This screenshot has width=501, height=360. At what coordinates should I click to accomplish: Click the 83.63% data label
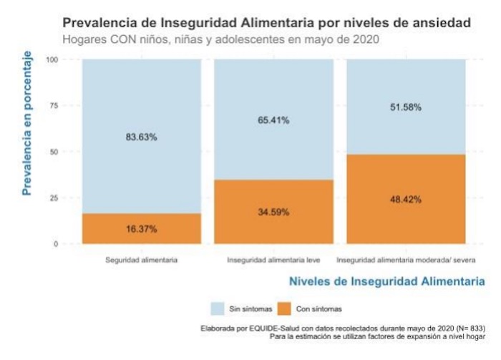142,138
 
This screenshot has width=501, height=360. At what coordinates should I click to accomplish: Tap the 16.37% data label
142,229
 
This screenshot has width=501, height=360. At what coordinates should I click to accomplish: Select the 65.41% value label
273,121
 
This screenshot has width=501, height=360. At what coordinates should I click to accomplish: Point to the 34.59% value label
273,213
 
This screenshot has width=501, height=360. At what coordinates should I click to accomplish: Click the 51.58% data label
406,107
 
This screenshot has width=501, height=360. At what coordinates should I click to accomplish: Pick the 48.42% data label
406,200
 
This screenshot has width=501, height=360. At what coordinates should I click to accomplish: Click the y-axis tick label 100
51,59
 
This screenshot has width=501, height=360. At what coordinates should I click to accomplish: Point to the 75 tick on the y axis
54,106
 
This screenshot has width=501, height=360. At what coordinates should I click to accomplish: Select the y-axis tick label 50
54,152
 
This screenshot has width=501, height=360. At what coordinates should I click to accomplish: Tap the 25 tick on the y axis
54,198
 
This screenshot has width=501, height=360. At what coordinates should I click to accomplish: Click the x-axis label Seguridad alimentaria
142,259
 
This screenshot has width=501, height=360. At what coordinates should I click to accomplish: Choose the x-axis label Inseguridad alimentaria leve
273,259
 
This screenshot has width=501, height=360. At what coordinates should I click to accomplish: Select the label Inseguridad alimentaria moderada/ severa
406,259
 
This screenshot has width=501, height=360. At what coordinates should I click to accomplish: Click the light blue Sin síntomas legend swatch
218,308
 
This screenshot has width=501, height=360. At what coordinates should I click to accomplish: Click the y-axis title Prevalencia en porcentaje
28,123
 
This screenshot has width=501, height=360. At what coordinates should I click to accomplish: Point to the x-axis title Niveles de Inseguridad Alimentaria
386,282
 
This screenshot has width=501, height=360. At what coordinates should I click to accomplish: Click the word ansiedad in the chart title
444,23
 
